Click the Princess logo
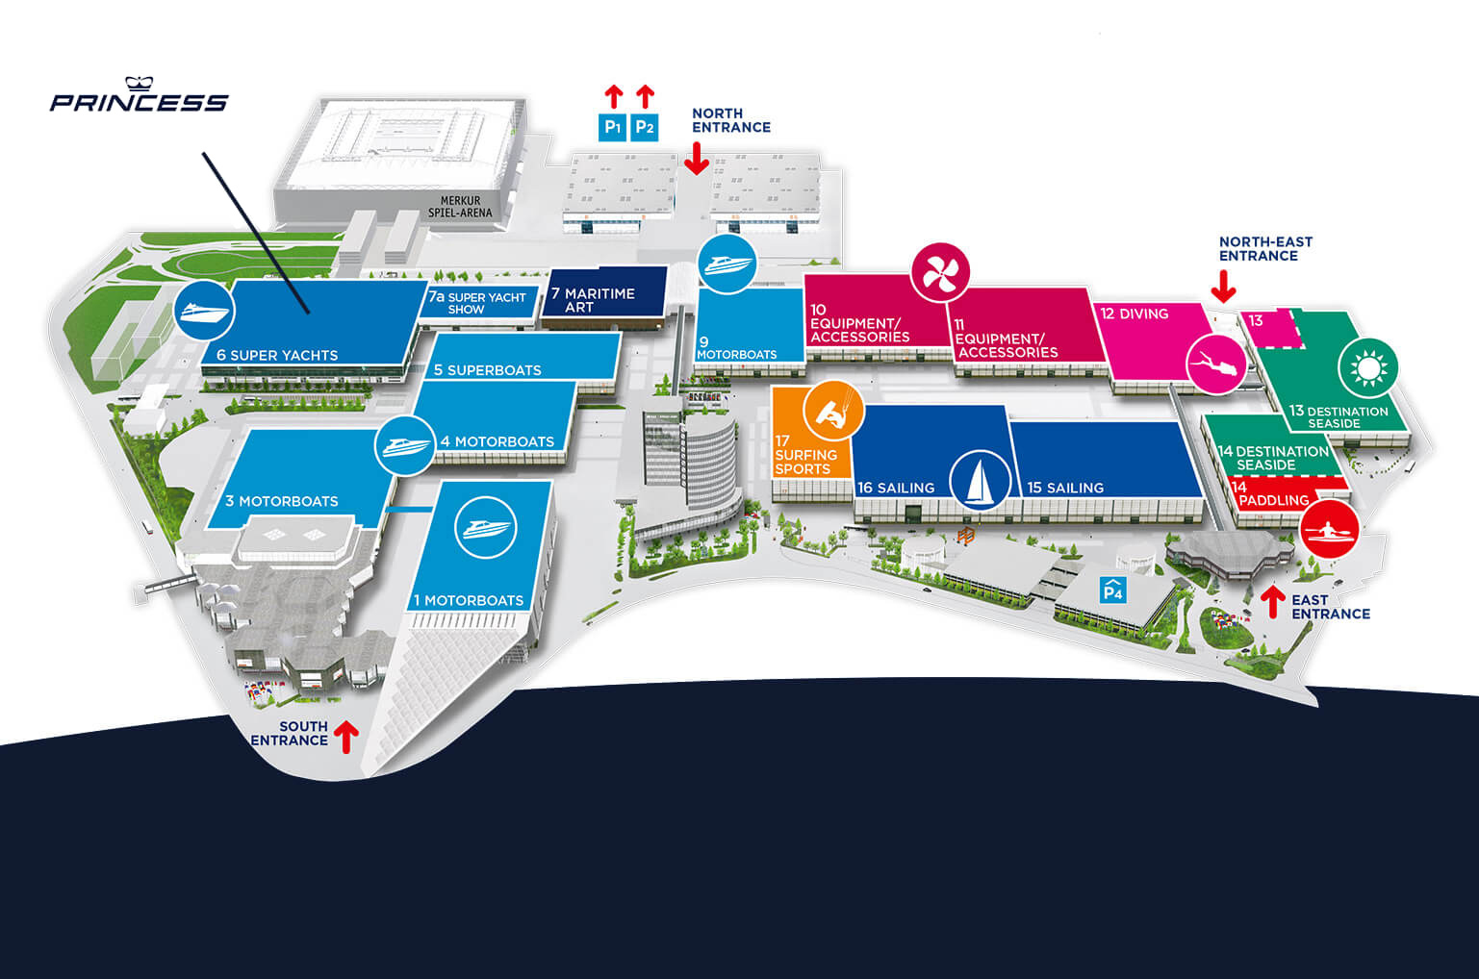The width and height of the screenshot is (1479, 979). click(139, 94)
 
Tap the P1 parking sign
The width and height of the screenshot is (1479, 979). click(612, 127)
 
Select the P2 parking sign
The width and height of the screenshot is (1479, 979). click(645, 127)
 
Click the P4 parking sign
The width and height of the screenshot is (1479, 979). click(1113, 590)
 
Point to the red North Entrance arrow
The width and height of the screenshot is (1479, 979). click(697, 159)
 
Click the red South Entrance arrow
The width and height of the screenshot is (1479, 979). click(346, 737)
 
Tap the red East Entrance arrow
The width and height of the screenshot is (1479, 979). click(1273, 602)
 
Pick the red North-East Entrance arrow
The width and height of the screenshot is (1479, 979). click(1223, 288)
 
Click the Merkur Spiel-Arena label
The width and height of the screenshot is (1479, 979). click(460, 207)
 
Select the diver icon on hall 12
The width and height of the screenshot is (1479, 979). click(1216, 364)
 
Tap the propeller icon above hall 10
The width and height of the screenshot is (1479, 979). click(940, 272)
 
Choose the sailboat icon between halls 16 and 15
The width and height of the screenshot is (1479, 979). click(980, 480)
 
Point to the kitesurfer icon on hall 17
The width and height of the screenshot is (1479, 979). click(833, 411)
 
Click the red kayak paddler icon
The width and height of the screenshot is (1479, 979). click(1330, 529)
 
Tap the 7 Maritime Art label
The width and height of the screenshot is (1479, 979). click(593, 300)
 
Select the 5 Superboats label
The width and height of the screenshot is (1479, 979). click(487, 370)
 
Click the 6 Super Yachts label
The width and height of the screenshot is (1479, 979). click(277, 355)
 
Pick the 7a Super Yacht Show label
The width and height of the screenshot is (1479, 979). click(476, 303)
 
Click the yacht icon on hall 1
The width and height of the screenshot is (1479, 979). click(486, 527)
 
